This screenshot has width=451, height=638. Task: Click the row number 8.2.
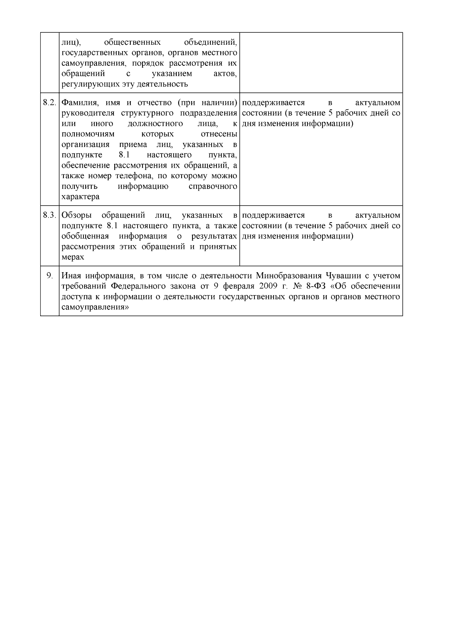50,103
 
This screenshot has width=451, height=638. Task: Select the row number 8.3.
50,215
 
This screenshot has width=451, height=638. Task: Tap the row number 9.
50,276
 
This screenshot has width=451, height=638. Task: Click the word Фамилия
77,103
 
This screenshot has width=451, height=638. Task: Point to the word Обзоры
77,215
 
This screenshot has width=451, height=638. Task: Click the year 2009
268,286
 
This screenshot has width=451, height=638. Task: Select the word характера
80,197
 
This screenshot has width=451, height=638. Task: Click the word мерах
73,258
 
